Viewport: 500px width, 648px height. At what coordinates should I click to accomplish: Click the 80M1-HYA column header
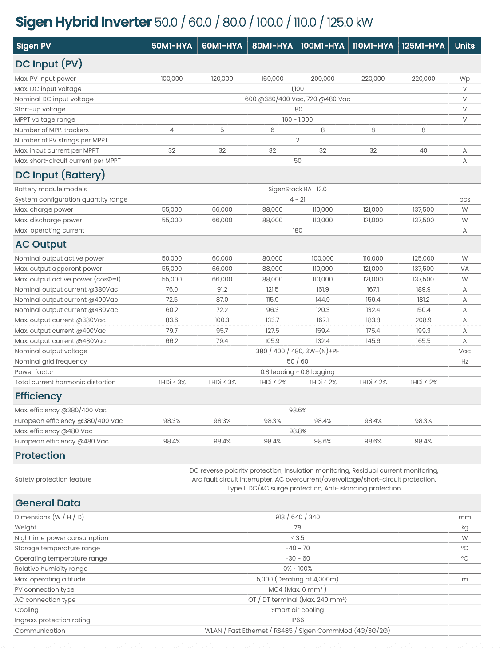point(272,46)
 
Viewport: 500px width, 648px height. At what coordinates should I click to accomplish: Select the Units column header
point(464,46)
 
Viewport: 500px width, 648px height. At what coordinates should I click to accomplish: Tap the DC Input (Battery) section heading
point(60,175)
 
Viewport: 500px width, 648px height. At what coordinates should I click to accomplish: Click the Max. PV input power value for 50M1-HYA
point(171,79)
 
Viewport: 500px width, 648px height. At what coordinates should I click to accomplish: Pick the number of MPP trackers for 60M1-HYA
point(222,130)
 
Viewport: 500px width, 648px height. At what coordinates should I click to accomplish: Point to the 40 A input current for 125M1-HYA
point(423,150)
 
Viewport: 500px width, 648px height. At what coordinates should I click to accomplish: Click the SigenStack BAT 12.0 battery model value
point(297,189)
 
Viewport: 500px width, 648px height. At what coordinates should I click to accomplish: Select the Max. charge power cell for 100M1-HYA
point(322,209)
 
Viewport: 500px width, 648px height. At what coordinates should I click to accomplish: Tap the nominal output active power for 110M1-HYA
point(373,258)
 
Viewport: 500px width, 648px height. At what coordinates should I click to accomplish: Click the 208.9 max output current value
point(423,320)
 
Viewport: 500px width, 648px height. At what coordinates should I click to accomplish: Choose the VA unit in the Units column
point(464,269)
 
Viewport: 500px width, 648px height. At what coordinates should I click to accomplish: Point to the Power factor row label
point(34,372)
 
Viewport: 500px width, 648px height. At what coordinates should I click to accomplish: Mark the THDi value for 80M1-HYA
point(272,382)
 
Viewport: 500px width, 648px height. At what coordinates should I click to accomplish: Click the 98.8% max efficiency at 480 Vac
point(297,431)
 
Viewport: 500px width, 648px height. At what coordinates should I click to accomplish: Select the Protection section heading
point(40,456)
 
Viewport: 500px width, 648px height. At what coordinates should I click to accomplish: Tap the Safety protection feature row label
point(53,479)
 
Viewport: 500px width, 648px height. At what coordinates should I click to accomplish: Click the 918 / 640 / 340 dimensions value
point(297,517)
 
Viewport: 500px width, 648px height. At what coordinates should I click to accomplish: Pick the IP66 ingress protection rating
point(297,620)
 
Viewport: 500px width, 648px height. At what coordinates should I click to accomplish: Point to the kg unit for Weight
point(464,527)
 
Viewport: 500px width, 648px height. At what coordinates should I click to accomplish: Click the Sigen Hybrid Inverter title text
point(83,22)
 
